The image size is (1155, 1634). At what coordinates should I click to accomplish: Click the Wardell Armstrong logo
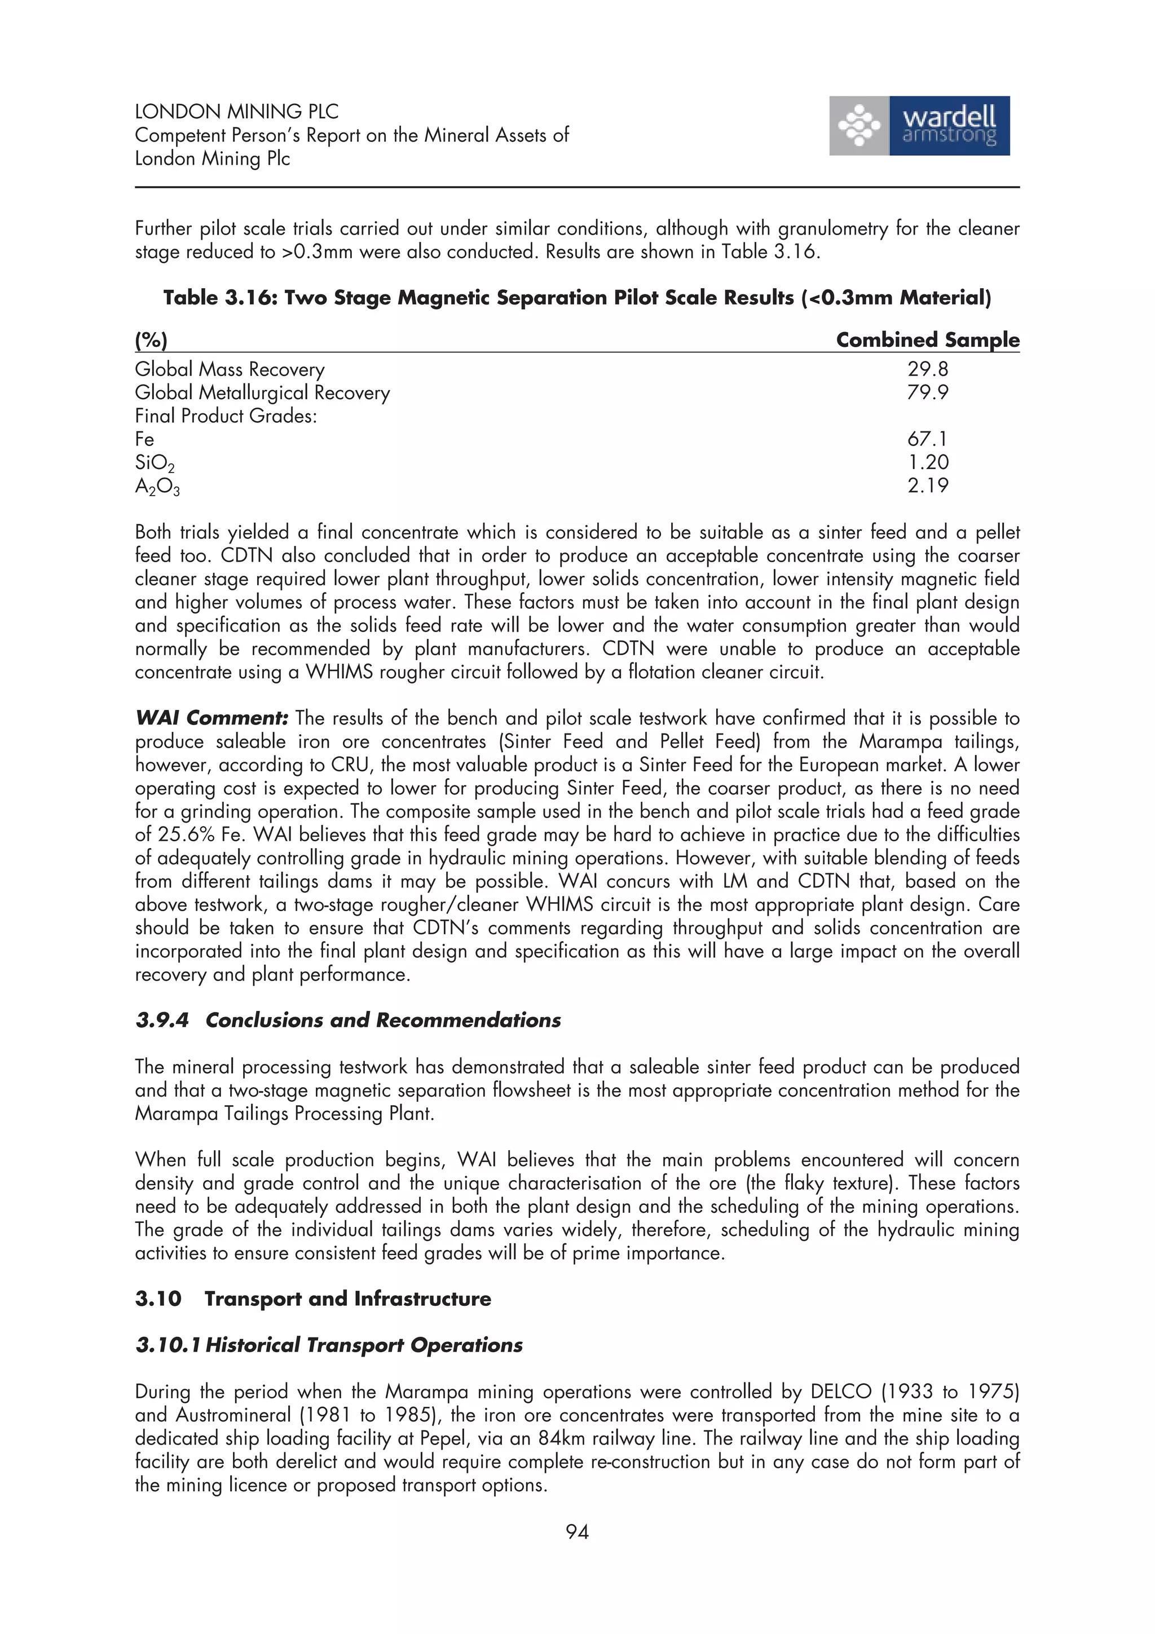pyautogui.click(x=919, y=126)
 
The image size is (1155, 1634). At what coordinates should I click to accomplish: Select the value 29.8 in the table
pyautogui.click(x=927, y=369)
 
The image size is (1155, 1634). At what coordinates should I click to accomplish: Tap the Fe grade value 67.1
pyautogui.click(x=927, y=439)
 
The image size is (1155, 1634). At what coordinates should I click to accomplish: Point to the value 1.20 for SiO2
pyautogui.click(x=928, y=462)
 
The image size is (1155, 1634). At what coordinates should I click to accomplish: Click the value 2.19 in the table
pyautogui.click(x=928, y=485)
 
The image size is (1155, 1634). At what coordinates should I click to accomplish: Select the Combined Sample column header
pyautogui.click(x=927, y=339)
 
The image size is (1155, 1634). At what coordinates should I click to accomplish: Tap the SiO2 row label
pyautogui.click(x=155, y=463)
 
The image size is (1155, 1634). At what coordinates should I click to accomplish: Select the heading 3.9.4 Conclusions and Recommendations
pyautogui.click(x=348, y=1020)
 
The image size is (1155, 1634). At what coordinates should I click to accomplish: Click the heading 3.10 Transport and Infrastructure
pyautogui.click(x=312, y=1299)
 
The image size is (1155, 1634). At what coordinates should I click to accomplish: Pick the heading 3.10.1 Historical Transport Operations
pyautogui.click(x=329, y=1345)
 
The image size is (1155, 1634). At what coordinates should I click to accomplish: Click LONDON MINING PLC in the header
pyautogui.click(x=236, y=112)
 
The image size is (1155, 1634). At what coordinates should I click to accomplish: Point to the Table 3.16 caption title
pyautogui.click(x=576, y=298)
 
